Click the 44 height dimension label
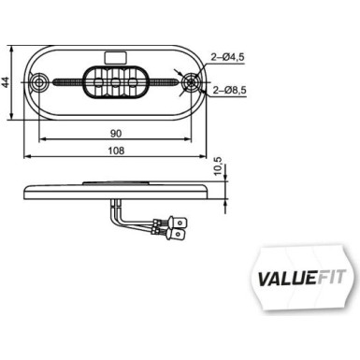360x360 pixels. click(6, 82)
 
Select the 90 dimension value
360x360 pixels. click(115, 133)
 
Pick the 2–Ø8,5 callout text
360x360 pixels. click(230, 90)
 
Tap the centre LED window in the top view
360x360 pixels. click(115, 83)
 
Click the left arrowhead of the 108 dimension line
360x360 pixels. click(24, 155)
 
